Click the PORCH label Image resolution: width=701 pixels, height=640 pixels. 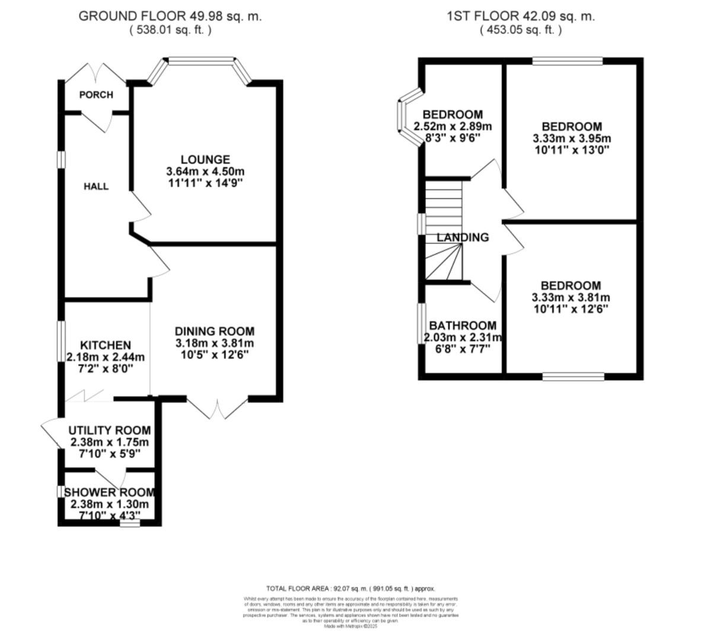click(x=96, y=95)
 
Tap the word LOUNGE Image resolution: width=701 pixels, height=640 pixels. click(x=205, y=159)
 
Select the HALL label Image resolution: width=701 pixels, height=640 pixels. click(x=96, y=186)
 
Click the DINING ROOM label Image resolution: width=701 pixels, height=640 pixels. click(x=214, y=331)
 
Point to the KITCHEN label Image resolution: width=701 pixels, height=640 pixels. click(x=106, y=345)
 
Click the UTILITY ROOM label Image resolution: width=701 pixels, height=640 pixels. click(x=109, y=430)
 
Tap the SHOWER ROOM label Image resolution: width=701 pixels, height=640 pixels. click(x=109, y=492)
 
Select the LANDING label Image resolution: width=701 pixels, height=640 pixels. click(x=463, y=238)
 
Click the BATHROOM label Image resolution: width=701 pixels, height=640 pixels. click(x=463, y=325)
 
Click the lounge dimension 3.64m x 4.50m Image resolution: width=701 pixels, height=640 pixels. click(x=205, y=171)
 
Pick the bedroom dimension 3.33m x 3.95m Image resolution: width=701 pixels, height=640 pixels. click(x=572, y=139)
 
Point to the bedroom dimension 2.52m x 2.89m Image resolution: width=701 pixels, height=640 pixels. click(x=453, y=126)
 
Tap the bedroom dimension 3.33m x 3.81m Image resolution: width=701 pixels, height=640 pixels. click(x=572, y=297)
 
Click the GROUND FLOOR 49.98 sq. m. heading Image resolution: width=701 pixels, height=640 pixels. click(x=170, y=17)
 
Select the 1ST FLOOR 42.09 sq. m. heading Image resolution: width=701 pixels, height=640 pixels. click(x=521, y=17)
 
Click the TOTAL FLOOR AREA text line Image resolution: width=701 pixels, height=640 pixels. click(x=350, y=588)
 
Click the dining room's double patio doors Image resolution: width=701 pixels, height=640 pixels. click(x=218, y=409)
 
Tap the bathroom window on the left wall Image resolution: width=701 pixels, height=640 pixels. click(x=422, y=324)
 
